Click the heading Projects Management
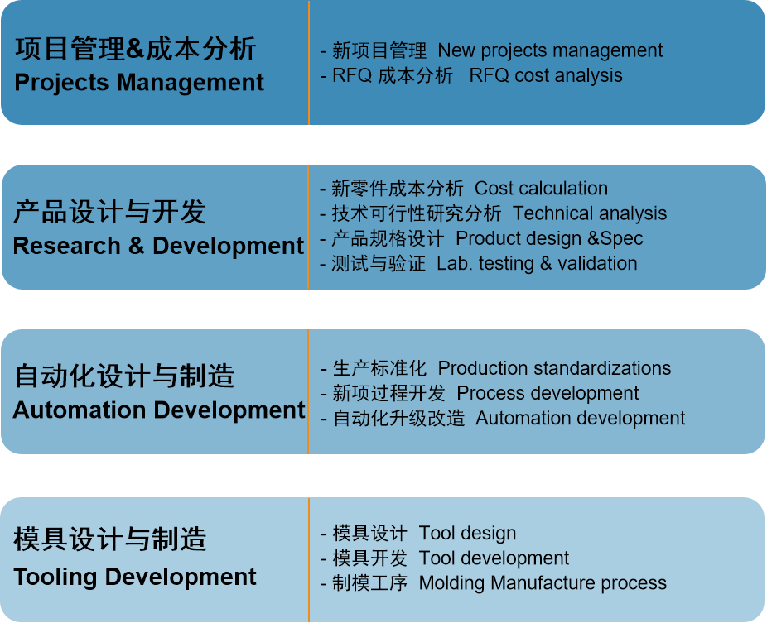click(x=139, y=82)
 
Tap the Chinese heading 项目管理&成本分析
click(x=136, y=48)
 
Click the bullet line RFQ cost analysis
click(x=471, y=75)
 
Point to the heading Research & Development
click(x=158, y=245)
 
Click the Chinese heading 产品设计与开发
click(x=109, y=212)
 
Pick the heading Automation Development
click(x=159, y=410)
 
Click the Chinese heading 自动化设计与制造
click(x=124, y=376)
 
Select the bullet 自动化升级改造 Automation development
click(x=503, y=419)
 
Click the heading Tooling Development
click(x=135, y=577)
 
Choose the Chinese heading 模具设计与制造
click(x=110, y=539)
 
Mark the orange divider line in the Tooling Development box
click(x=309, y=560)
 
